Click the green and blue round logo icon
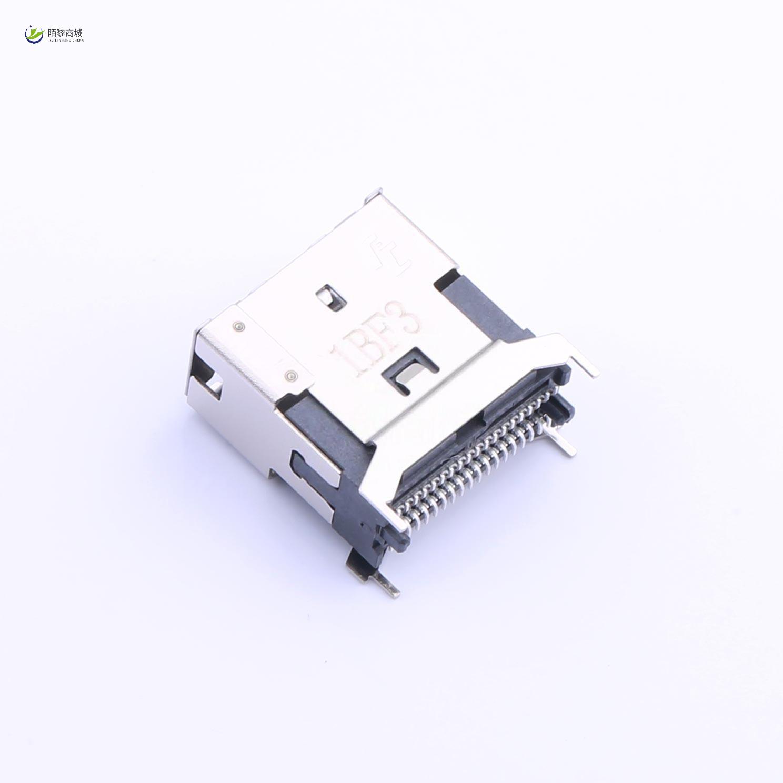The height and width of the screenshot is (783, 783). pyautogui.click(x=35, y=35)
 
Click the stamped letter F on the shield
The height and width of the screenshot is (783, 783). pyautogui.click(x=388, y=337)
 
